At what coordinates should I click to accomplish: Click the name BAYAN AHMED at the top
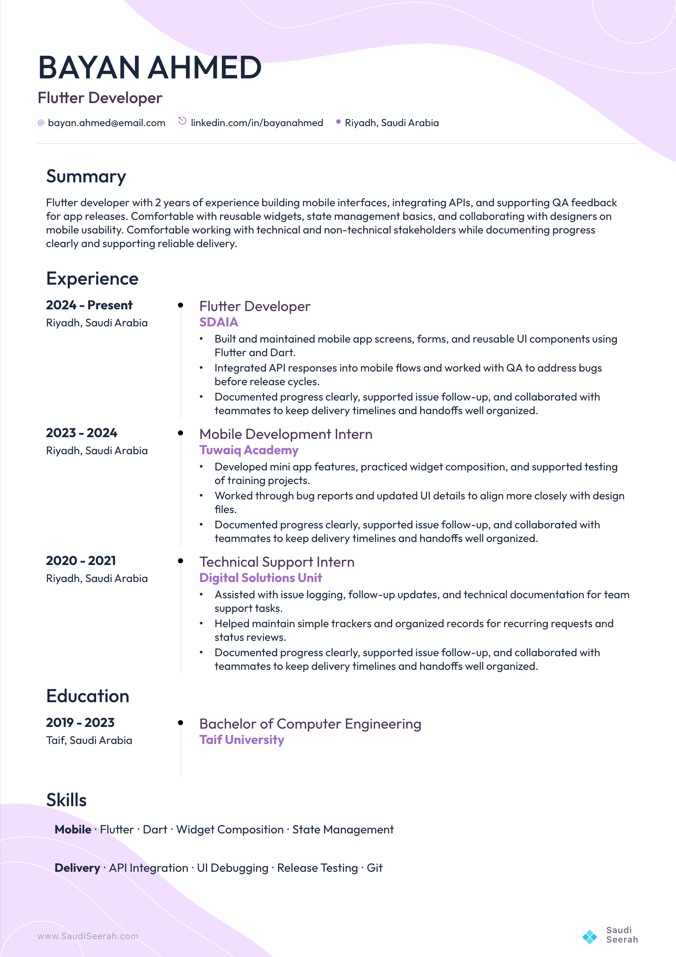click(x=149, y=68)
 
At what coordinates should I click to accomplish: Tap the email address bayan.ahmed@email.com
click(x=106, y=123)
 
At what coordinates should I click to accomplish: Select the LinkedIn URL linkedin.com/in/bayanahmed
click(x=257, y=123)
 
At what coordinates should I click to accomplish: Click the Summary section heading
click(x=86, y=177)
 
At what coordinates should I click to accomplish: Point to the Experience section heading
click(x=92, y=279)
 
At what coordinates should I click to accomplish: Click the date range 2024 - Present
click(x=89, y=306)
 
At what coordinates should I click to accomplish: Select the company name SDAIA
click(x=218, y=323)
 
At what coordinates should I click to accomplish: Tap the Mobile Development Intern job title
click(x=286, y=434)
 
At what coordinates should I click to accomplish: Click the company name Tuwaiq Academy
click(x=249, y=450)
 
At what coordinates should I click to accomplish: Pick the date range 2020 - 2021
click(x=81, y=561)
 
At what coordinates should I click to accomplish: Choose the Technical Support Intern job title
click(x=277, y=562)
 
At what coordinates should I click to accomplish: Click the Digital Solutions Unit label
click(x=261, y=578)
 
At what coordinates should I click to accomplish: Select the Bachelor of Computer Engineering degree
click(x=310, y=724)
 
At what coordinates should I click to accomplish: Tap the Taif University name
click(x=241, y=740)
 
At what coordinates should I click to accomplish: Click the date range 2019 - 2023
click(x=80, y=723)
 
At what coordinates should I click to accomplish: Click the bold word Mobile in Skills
click(x=73, y=830)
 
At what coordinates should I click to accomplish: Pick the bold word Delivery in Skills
click(x=77, y=868)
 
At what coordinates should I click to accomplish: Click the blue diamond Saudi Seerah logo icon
click(x=590, y=937)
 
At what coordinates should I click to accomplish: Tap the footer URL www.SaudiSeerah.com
click(x=88, y=936)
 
